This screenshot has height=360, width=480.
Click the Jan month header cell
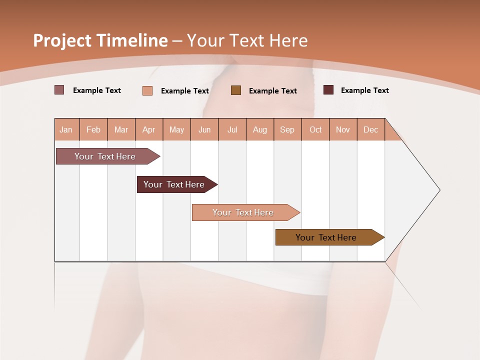(x=66, y=129)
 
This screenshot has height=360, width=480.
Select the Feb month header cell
(x=93, y=129)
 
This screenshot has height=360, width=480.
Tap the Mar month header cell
(x=121, y=129)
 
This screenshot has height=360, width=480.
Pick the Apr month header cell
(x=149, y=129)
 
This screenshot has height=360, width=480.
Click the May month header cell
(x=176, y=129)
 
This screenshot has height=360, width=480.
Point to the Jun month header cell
(x=204, y=129)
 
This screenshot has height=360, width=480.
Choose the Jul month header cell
(x=232, y=129)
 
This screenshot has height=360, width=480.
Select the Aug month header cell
(x=260, y=129)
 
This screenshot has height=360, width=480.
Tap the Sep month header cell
(x=287, y=129)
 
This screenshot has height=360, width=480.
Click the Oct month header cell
(x=315, y=129)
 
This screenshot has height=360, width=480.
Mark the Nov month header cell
(x=343, y=129)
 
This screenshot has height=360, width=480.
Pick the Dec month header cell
(x=371, y=129)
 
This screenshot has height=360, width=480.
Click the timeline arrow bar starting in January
(x=105, y=156)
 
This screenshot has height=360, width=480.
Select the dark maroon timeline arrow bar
(x=174, y=184)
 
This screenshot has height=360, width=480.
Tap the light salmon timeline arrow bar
(x=243, y=212)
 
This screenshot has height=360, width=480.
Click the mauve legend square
(x=59, y=90)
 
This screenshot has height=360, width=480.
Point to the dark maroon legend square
(x=328, y=90)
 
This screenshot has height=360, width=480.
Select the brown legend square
(x=236, y=90)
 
